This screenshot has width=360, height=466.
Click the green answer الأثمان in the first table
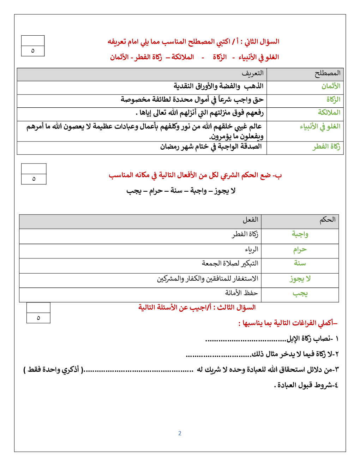331,86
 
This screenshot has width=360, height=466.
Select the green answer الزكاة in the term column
333,100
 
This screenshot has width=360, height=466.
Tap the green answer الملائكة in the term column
329,113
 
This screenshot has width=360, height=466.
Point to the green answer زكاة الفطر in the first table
326,147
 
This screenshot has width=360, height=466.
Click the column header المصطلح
328,73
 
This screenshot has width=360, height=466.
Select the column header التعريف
252,73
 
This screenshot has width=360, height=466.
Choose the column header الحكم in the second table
328,220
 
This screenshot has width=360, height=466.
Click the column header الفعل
250,220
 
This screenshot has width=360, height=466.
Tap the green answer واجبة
300,234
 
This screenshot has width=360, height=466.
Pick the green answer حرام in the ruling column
300,250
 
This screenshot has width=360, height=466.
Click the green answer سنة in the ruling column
300,263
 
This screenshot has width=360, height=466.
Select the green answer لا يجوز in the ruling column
300,279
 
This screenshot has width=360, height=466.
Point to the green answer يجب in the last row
300,293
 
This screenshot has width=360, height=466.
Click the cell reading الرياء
252,250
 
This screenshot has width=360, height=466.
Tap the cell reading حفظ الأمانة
241,293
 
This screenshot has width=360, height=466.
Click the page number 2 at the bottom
180,433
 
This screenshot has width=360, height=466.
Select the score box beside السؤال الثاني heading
33,46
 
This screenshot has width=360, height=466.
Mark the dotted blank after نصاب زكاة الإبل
245,340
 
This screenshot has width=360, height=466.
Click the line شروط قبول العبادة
306,385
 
